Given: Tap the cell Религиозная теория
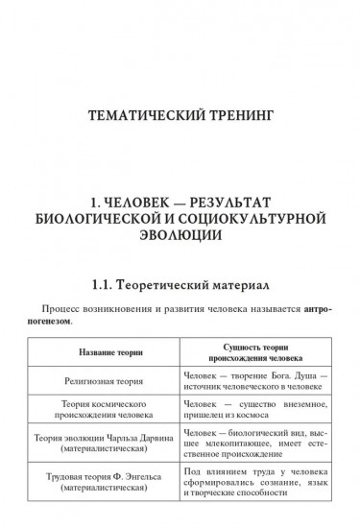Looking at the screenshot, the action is click(x=108, y=379).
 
